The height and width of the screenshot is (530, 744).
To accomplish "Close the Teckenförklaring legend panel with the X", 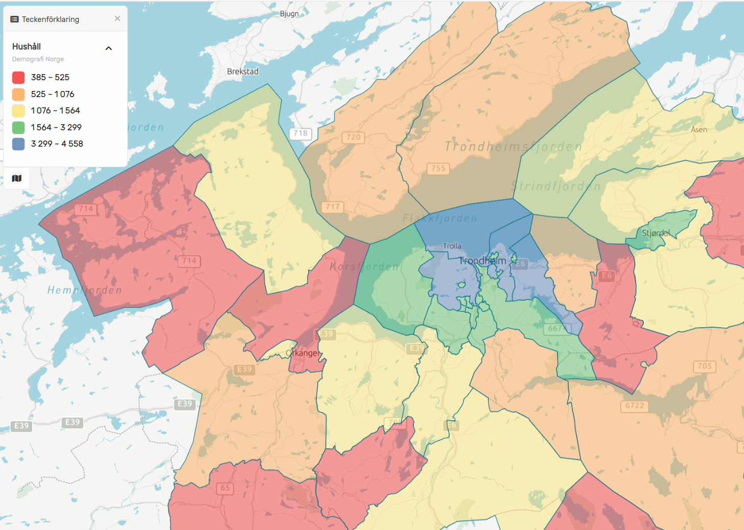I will click(x=118, y=18).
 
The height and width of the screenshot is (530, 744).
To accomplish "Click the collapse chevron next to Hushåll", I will click(x=108, y=49).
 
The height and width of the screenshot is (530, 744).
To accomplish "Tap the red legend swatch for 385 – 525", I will click(x=18, y=78).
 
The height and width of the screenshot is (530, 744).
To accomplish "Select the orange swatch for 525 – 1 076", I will click(x=18, y=94).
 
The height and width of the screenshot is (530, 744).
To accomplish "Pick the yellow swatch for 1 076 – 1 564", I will click(x=18, y=111).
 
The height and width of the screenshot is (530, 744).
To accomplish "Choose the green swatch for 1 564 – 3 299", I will click(x=18, y=127).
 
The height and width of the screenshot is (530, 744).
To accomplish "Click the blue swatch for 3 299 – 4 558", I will click(x=18, y=144).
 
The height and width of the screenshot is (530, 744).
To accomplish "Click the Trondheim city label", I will click(x=482, y=261).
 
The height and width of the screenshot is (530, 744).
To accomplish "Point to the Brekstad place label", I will click(x=243, y=72).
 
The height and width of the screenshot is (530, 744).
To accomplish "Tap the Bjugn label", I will click(x=289, y=14).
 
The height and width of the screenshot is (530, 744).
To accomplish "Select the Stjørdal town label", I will click(x=656, y=233).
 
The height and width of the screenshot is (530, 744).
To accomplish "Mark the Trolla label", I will click(x=452, y=246).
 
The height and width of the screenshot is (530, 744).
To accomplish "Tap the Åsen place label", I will click(x=699, y=130).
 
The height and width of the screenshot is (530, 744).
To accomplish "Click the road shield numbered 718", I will click(x=300, y=133).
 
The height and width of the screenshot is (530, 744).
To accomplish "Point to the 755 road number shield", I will click(x=438, y=168).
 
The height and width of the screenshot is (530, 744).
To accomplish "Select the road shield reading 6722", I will click(x=635, y=406).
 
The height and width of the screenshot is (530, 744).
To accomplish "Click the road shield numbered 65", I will click(x=225, y=488).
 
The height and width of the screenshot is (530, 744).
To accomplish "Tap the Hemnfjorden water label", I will click(x=84, y=290).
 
